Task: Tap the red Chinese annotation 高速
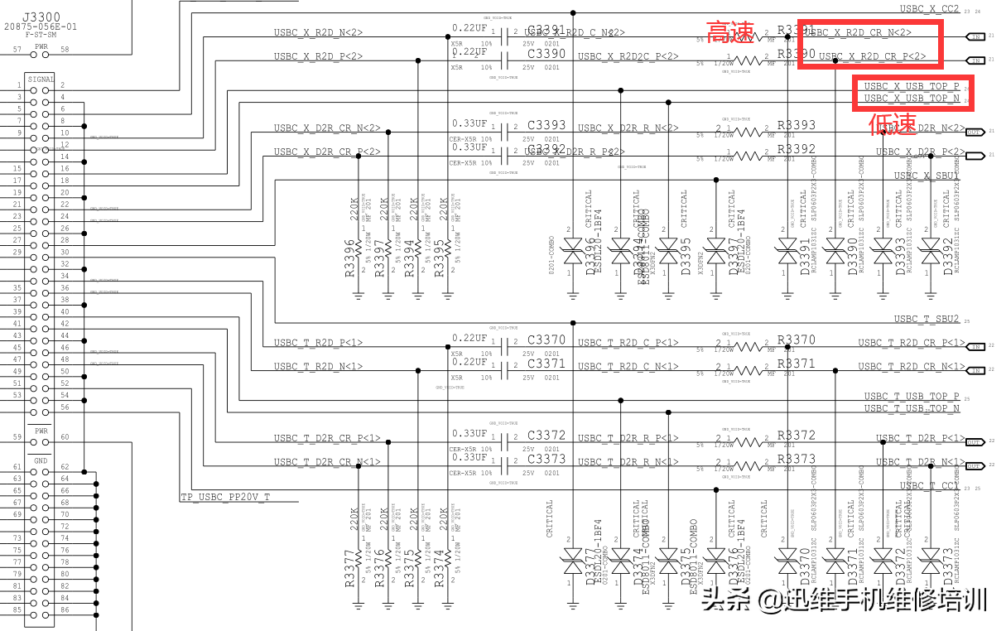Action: [731, 34]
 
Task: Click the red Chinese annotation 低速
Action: [892, 124]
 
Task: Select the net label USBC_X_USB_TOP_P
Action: [912, 86]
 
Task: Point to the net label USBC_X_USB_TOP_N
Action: [912, 99]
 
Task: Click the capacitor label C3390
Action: [546, 54]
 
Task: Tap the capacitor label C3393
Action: [546, 126]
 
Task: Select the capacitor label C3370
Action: [546, 340]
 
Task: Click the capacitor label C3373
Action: [546, 459]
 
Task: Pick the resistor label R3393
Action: [796, 126]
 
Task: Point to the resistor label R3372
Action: [796, 435]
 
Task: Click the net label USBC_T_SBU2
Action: [926, 319]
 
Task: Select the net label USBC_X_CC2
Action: [929, 9]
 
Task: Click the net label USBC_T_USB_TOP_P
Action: [912, 397]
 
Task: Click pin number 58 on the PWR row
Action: [65, 50]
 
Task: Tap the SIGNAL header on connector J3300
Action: [41, 79]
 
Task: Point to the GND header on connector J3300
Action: [41, 460]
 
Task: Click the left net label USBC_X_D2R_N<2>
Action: [326, 128]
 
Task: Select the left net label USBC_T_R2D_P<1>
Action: [318, 343]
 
